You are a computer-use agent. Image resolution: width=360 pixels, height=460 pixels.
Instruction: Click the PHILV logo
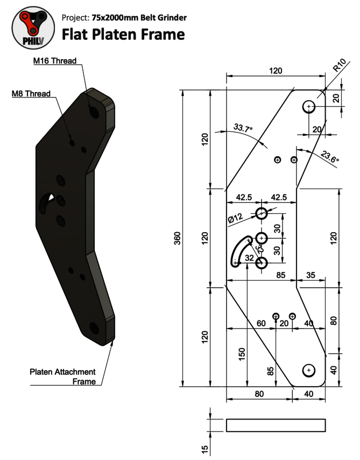tap(33, 28)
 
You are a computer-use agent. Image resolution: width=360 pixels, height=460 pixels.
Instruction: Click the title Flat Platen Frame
tap(123, 34)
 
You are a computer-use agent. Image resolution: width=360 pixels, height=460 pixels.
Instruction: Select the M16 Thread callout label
tap(55, 61)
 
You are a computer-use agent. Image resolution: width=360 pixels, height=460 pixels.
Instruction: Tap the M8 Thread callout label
tap(31, 94)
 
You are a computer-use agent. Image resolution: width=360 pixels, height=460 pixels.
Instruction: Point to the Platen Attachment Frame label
tap(63, 377)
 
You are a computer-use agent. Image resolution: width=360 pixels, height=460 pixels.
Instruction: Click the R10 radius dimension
tap(340, 65)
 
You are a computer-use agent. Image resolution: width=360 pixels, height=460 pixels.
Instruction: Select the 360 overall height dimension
tap(178, 238)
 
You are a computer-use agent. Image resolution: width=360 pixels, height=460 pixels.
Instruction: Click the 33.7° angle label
tap(243, 128)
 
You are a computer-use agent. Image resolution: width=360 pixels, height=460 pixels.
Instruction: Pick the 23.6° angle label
tap(329, 157)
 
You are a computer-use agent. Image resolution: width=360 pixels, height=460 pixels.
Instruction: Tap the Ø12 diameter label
tap(235, 218)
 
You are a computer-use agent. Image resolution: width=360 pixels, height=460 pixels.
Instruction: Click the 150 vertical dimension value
tap(242, 354)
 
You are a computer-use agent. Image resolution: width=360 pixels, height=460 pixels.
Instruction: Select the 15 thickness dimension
tap(205, 449)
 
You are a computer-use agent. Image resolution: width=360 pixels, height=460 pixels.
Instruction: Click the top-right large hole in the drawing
tap(309, 107)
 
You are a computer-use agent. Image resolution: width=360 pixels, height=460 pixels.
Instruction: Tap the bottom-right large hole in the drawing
tap(309, 370)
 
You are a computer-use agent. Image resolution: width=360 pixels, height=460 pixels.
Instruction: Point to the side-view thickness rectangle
tap(276, 426)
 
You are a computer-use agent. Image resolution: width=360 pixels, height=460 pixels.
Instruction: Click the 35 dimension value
tap(310, 275)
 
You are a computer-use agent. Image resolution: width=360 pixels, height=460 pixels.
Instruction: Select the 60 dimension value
tap(261, 323)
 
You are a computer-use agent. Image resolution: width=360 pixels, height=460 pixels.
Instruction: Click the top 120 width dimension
tap(276, 71)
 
